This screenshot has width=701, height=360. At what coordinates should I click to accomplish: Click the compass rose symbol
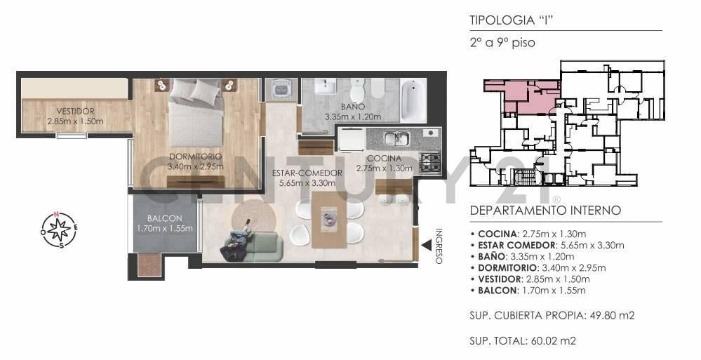point(59,229)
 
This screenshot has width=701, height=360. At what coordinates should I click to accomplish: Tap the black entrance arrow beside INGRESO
point(427,245)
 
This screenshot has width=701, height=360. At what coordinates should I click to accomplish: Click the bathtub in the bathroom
point(413,100)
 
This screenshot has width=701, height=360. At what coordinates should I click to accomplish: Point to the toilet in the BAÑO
point(358,91)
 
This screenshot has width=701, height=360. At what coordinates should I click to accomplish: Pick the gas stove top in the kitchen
point(429,163)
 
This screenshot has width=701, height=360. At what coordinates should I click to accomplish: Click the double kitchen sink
point(396,138)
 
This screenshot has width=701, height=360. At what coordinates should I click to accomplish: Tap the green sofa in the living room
point(252,246)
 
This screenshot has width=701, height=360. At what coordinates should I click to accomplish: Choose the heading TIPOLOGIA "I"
point(508,20)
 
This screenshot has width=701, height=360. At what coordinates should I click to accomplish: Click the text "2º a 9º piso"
point(502,43)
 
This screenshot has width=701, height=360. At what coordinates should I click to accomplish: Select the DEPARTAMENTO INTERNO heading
point(545,211)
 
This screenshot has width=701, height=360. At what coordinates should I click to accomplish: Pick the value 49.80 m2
point(610,315)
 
